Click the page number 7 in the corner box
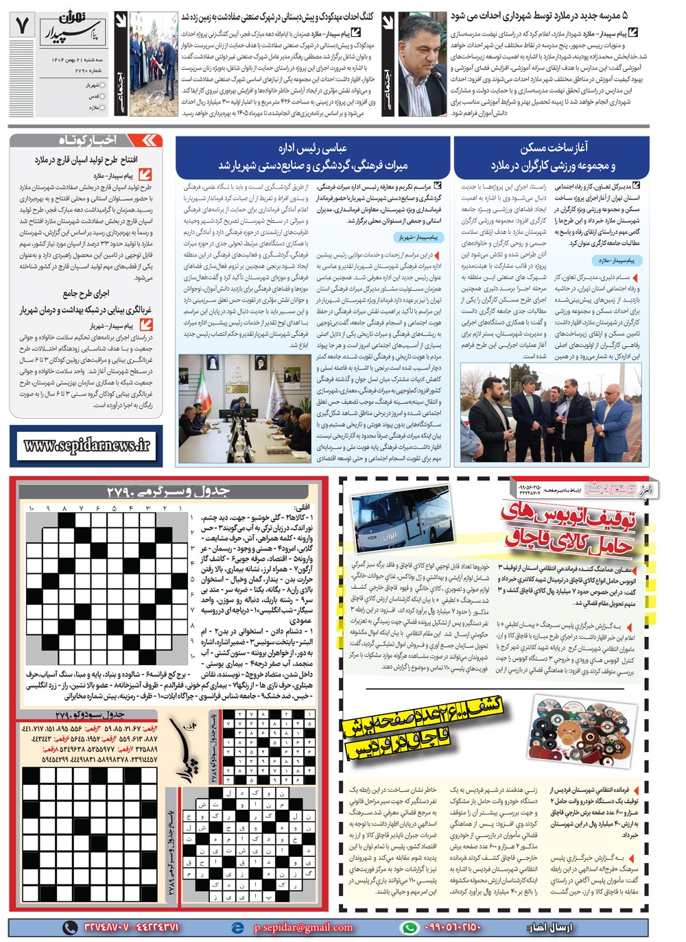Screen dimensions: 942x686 coord(21,26)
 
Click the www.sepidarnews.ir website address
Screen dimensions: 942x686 coord(86,445)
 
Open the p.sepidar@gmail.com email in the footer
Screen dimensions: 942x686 coord(303,927)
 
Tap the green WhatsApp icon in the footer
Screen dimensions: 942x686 coord(409,927)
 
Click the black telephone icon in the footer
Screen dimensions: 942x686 coord(70,927)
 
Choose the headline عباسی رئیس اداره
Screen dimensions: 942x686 coord(313,148)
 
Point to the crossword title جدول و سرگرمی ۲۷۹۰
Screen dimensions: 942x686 coord(168,491)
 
